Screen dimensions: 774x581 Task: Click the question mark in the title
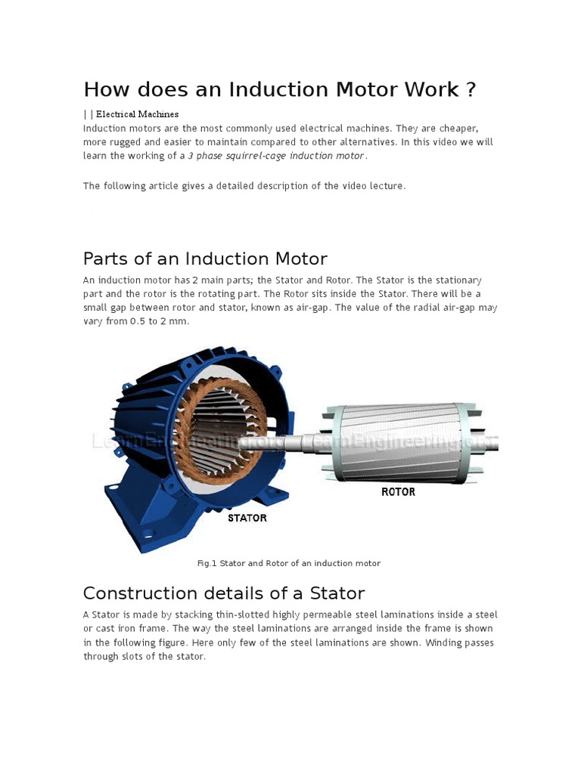point(471,90)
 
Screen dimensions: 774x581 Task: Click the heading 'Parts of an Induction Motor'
point(205,259)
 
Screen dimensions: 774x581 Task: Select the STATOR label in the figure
point(247,518)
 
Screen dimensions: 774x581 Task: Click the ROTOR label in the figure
point(398,491)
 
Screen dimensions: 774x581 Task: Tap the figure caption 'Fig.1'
point(207,564)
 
